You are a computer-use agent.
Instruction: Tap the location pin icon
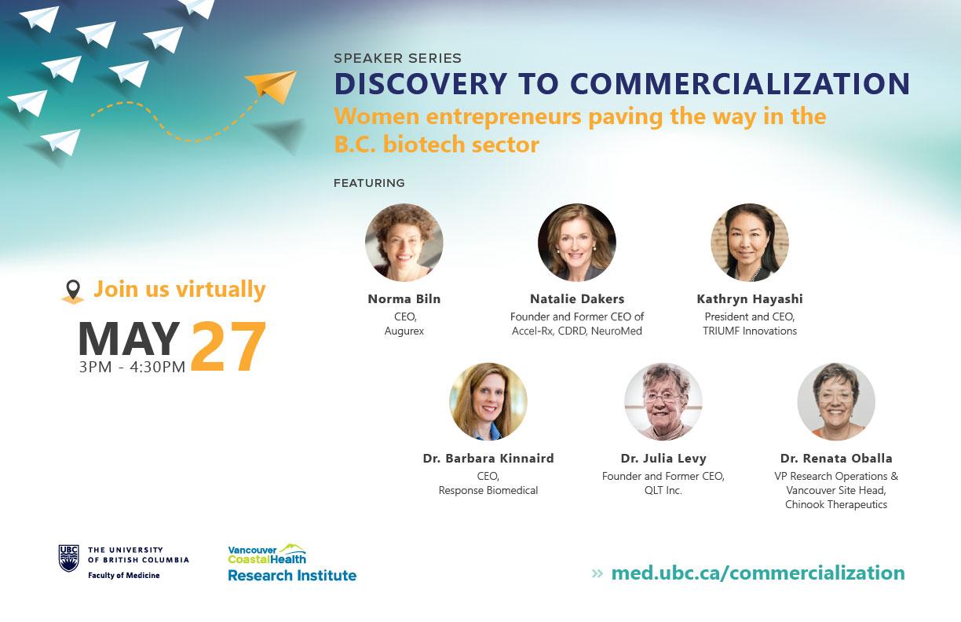73,291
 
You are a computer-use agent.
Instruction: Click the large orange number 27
228,346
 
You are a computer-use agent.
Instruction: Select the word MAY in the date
129,339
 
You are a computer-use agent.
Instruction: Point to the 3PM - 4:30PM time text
132,367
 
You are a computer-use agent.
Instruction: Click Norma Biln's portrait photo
404,243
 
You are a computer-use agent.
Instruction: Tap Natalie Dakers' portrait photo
577,243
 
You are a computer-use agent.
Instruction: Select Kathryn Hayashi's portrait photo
750,243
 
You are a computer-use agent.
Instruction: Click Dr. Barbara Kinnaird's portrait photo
488,402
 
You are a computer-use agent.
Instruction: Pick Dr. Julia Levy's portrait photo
663,402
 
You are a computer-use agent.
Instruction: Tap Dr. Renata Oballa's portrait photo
836,402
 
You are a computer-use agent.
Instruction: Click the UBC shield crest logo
68,558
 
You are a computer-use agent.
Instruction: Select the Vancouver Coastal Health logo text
267,554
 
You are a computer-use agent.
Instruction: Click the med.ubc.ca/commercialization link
758,573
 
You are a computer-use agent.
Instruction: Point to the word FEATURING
369,183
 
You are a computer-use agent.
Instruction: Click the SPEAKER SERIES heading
398,58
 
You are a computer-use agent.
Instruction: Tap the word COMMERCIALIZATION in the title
740,83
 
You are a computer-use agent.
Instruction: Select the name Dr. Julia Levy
663,459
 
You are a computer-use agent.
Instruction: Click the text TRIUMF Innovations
750,331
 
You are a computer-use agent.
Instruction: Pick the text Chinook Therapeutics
836,504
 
